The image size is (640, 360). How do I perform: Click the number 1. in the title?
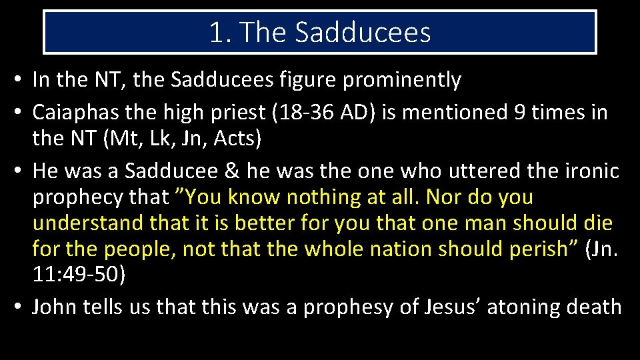coord(219,32)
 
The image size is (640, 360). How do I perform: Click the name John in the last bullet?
coord(53,307)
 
